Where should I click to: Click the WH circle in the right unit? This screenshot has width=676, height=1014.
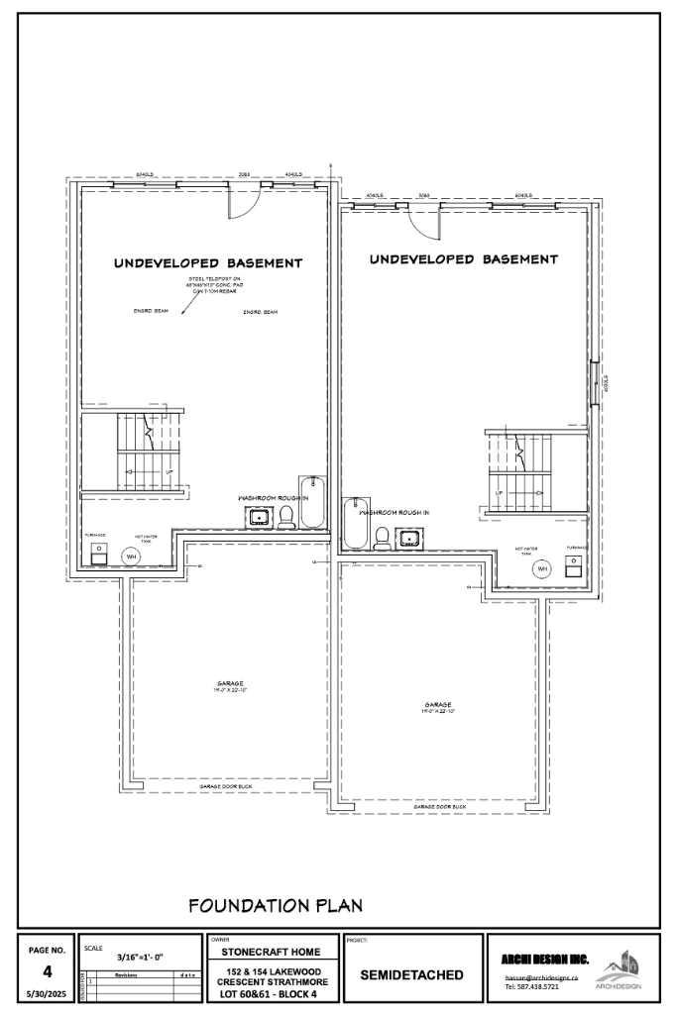tap(542, 568)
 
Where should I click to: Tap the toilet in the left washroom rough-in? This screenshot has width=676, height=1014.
tap(286, 515)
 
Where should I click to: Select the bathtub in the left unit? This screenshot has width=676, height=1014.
tap(313, 507)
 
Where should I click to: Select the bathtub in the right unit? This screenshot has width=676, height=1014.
tap(355, 524)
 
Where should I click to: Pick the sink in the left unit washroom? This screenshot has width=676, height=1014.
tap(261, 516)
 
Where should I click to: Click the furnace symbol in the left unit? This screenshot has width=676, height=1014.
tap(99, 553)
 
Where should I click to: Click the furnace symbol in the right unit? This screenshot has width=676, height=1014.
tap(574, 564)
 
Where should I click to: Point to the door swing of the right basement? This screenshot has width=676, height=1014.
tap(423, 223)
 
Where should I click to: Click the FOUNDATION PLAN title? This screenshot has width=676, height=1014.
tap(276, 904)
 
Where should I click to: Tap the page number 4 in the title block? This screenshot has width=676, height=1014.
tap(47, 971)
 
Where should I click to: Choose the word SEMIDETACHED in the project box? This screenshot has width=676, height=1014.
tap(411, 974)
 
